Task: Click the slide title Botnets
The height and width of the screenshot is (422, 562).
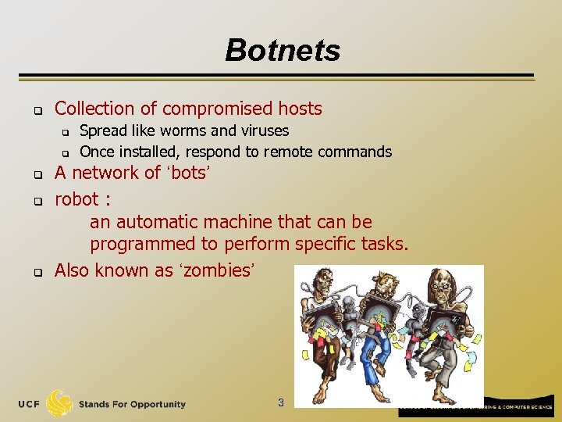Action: coord(283,51)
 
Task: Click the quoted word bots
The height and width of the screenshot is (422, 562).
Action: coord(187,173)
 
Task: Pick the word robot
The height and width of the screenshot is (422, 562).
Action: coord(76,199)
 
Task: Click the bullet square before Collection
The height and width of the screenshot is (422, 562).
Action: coord(36,109)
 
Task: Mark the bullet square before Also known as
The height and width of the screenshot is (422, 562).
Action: coord(36,273)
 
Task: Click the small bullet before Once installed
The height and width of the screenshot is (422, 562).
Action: coord(66,152)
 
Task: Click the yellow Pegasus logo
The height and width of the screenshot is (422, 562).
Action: coord(60,403)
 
